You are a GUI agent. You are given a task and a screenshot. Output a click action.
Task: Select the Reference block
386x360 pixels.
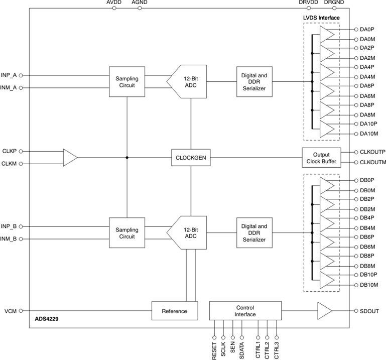[x=174, y=311]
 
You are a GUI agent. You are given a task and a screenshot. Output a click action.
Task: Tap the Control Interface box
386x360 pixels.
[x=245, y=311]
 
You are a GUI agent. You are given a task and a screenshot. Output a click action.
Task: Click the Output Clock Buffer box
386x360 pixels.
[x=321, y=158]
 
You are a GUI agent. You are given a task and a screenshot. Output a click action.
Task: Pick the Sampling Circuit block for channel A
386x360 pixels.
[x=127, y=82]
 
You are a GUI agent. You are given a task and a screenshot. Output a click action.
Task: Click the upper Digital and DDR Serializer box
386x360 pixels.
[x=254, y=82]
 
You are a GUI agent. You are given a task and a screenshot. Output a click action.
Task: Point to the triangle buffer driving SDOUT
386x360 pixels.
[x=324, y=311]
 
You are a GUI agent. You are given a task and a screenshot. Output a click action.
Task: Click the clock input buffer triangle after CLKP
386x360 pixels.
[x=70, y=158]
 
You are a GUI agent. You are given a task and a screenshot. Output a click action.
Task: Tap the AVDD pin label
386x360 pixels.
[x=114, y=3]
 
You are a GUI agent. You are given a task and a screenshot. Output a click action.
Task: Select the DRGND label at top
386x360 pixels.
[x=334, y=3]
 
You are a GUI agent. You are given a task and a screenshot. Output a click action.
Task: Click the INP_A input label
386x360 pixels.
[x=9, y=75]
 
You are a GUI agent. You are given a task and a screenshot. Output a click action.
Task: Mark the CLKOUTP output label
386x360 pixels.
[x=372, y=152]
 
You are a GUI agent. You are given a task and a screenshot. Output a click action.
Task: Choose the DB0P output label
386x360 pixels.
[x=367, y=180]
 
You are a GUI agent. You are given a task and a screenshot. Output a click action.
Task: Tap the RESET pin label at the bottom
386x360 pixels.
[x=215, y=350]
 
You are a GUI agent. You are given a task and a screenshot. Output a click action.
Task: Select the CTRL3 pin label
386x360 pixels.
[x=277, y=350]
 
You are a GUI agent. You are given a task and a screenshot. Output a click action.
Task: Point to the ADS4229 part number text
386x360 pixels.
[x=47, y=318]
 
